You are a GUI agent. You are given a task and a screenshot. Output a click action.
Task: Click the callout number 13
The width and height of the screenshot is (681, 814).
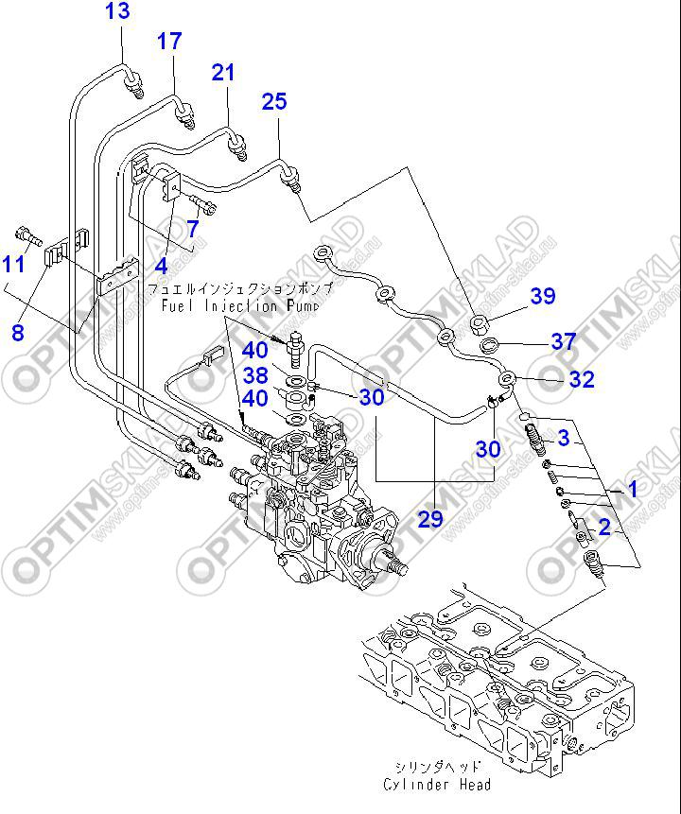[x=117, y=12]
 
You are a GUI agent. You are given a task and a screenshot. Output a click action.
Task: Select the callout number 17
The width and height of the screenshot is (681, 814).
[x=168, y=41]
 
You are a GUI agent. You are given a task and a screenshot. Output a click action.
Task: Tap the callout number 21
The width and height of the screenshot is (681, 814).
[x=222, y=72]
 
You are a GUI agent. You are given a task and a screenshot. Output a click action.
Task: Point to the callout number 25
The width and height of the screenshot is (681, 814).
[x=274, y=101]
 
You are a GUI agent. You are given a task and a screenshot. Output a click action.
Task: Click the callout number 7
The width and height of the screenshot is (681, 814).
[x=192, y=228]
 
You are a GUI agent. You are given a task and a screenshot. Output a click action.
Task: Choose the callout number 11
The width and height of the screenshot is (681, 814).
[x=13, y=264]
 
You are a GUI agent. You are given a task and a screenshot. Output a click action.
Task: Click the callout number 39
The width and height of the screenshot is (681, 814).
[x=543, y=296]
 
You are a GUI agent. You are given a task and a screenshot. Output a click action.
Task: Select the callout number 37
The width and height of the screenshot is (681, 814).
[x=564, y=340]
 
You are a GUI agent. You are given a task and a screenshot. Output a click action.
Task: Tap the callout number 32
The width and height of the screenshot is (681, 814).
[x=582, y=379]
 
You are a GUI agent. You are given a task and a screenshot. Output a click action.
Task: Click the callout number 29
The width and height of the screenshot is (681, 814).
[x=430, y=518]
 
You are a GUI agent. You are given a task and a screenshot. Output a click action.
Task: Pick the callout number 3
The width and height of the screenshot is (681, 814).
[x=564, y=437]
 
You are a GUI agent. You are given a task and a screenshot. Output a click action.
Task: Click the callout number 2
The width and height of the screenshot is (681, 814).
[x=602, y=526]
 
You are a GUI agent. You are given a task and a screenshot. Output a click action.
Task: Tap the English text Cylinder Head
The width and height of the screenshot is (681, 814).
[x=438, y=785]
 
